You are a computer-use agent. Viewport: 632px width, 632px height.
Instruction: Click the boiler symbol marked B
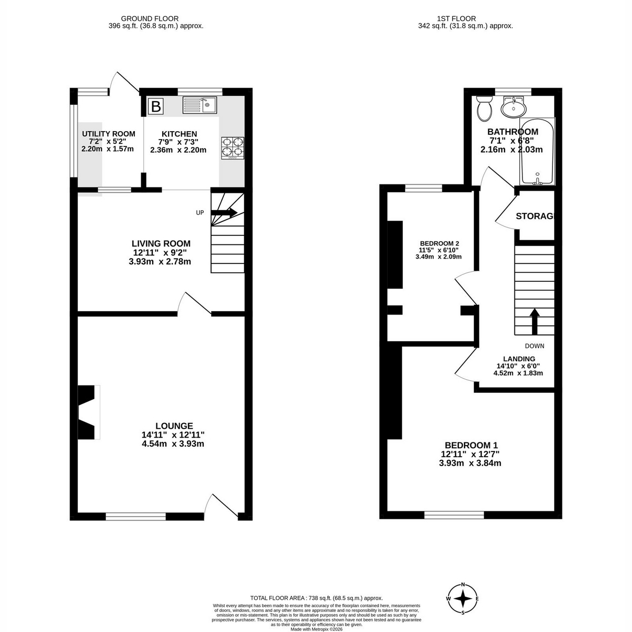coord(155,106)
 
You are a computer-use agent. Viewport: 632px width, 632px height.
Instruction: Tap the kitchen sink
coord(200,105)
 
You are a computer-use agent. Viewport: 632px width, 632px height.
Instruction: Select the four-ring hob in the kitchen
coord(233,148)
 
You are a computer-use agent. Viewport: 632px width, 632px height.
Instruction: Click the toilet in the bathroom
coord(484,108)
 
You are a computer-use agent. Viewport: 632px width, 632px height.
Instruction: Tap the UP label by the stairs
coord(200,213)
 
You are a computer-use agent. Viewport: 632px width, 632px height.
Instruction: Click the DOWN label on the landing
coord(534,345)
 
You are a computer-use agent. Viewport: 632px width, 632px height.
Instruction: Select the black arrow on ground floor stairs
coord(224,212)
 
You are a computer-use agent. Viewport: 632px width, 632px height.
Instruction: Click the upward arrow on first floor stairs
coord(535,321)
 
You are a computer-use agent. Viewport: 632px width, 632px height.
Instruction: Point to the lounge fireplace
coord(88,412)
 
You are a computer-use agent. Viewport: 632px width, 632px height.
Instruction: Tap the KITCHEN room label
coord(179,134)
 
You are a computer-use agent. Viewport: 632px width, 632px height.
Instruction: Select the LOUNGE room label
coord(174,426)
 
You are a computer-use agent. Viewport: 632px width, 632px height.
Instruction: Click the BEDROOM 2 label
coord(439,243)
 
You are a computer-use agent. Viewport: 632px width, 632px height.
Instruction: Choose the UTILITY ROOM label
coord(108,134)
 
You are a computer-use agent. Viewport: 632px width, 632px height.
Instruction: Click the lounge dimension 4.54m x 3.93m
coord(173,444)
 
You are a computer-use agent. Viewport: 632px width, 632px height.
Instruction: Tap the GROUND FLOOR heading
coord(150,18)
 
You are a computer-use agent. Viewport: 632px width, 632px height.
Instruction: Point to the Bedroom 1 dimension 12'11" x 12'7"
coord(470,454)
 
